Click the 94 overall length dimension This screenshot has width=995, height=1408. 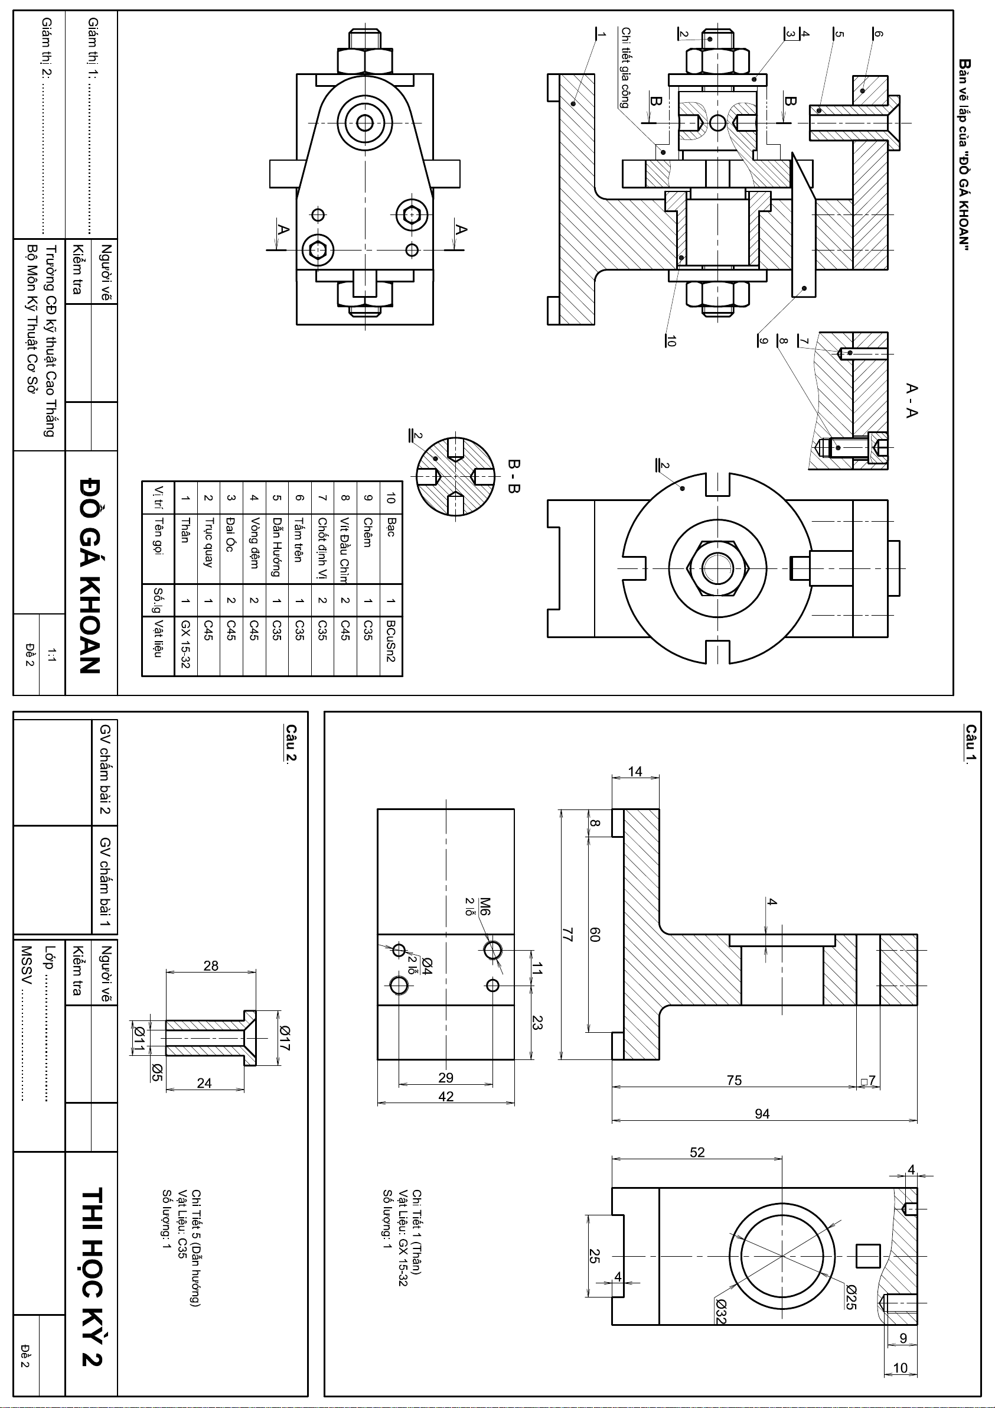[x=761, y=1114]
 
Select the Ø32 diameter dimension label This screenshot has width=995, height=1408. [x=720, y=1327]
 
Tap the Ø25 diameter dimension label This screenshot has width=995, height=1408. [x=850, y=1298]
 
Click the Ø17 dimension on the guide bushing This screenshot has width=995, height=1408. [x=284, y=1038]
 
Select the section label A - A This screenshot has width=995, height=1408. [x=911, y=401]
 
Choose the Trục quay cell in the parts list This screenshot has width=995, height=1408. [x=208, y=541]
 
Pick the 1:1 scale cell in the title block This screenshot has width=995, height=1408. [x=51, y=655]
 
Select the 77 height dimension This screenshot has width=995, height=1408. [x=567, y=935]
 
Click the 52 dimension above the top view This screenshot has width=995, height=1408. [x=697, y=1152]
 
